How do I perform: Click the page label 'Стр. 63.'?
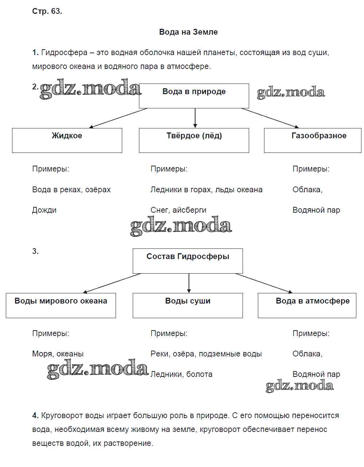tap(47, 11)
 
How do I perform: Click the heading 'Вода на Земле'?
tap(188, 32)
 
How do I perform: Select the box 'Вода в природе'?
tap(194, 96)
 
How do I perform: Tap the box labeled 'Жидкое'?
tap(67, 140)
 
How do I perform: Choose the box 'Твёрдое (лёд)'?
tap(194, 140)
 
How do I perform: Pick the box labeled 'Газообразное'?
tap(313, 140)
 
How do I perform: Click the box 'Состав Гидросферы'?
tap(187, 261)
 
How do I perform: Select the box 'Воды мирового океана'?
tap(61, 305)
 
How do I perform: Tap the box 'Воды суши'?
tap(187, 305)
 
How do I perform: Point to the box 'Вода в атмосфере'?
tap(307, 305)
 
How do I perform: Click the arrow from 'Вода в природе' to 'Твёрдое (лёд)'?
tap(195, 118)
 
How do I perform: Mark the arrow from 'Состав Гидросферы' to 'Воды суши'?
tap(189, 283)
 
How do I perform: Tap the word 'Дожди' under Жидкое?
tap(44, 210)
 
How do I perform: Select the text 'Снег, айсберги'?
tap(178, 210)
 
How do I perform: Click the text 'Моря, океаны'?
tap(58, 354)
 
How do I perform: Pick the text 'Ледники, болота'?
tap(181, 374)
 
